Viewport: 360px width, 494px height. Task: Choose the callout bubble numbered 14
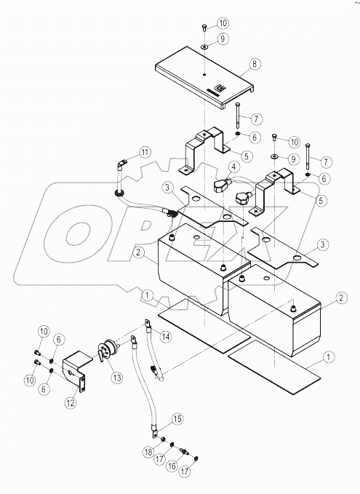click(x=166, y=335)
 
